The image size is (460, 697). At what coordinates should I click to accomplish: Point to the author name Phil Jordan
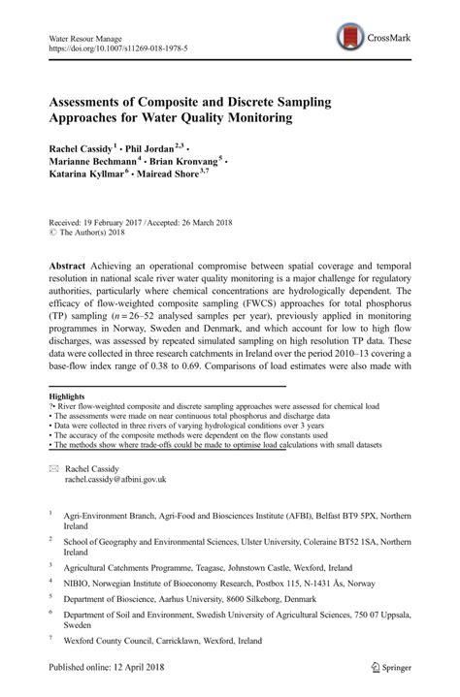157,147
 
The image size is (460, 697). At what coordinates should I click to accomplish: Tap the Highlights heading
66,396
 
